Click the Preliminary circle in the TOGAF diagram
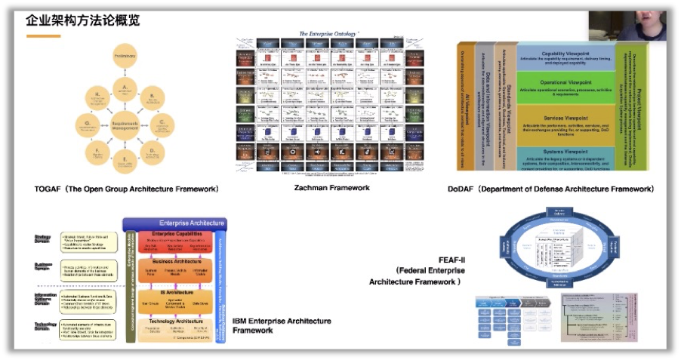coord(125,57)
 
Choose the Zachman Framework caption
coord(332,188)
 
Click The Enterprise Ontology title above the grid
coord(328,34)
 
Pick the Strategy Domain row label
coord(43,238)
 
